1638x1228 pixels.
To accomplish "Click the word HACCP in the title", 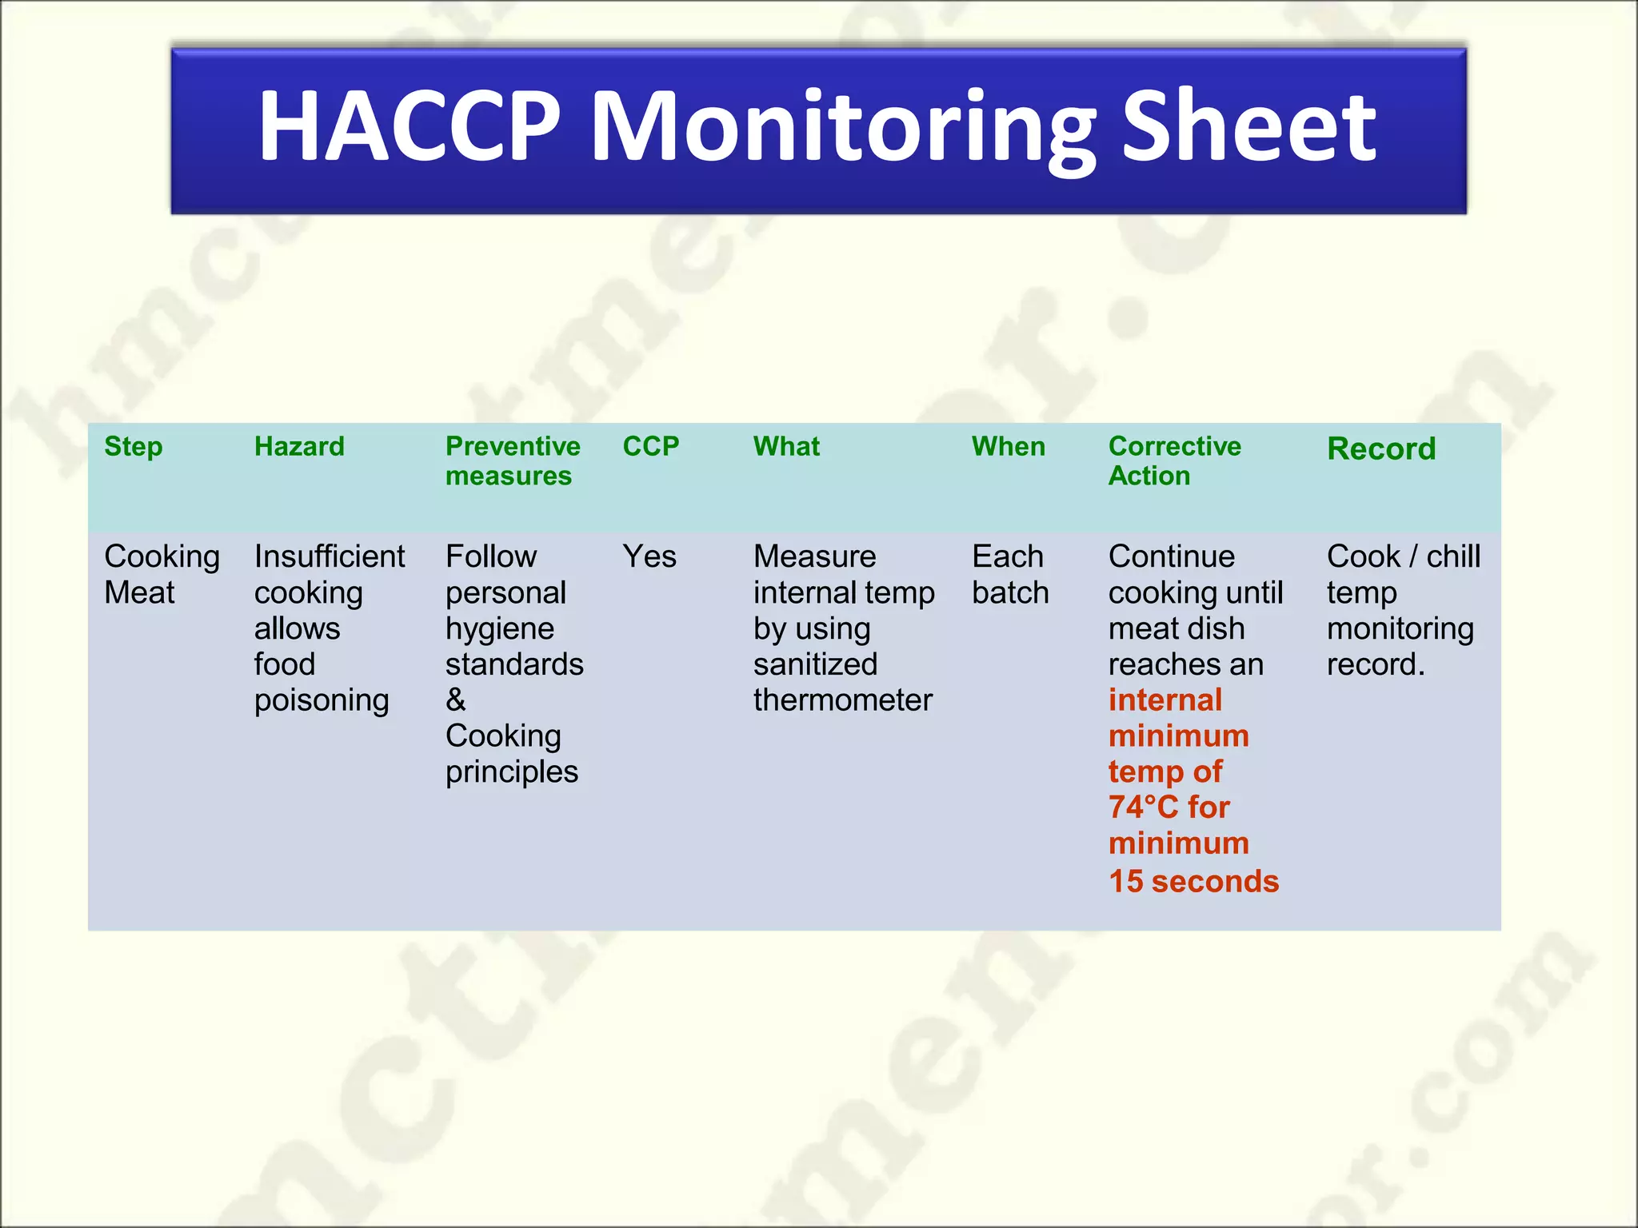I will click(409, 126).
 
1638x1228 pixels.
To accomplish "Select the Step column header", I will click(133, 446).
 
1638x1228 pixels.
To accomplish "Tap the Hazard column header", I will click(299, 446).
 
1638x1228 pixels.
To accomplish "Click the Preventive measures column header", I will click(512, 460).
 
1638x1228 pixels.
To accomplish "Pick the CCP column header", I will click(651, 446).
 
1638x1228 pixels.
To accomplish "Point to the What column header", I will click(786, 446).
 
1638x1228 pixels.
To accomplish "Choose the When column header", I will click(1009, 446).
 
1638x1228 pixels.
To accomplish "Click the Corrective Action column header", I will click(1174, 460).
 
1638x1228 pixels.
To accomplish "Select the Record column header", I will click(1381, 449).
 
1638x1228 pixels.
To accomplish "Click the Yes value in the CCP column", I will click(649, 556).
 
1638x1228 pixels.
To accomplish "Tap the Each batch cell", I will click(1010, 574).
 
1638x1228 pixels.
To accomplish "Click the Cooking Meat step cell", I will click(162, 574).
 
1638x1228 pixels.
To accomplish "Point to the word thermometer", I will click(843, 700).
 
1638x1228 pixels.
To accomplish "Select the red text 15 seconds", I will click(1193, 881).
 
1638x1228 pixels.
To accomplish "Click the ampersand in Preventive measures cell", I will click(456, 700).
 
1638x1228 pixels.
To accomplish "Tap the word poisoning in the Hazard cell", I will click(322, 700).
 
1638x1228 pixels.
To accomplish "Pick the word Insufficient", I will click(330, 556).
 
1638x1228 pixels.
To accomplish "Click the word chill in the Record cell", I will click(1453, 556).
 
